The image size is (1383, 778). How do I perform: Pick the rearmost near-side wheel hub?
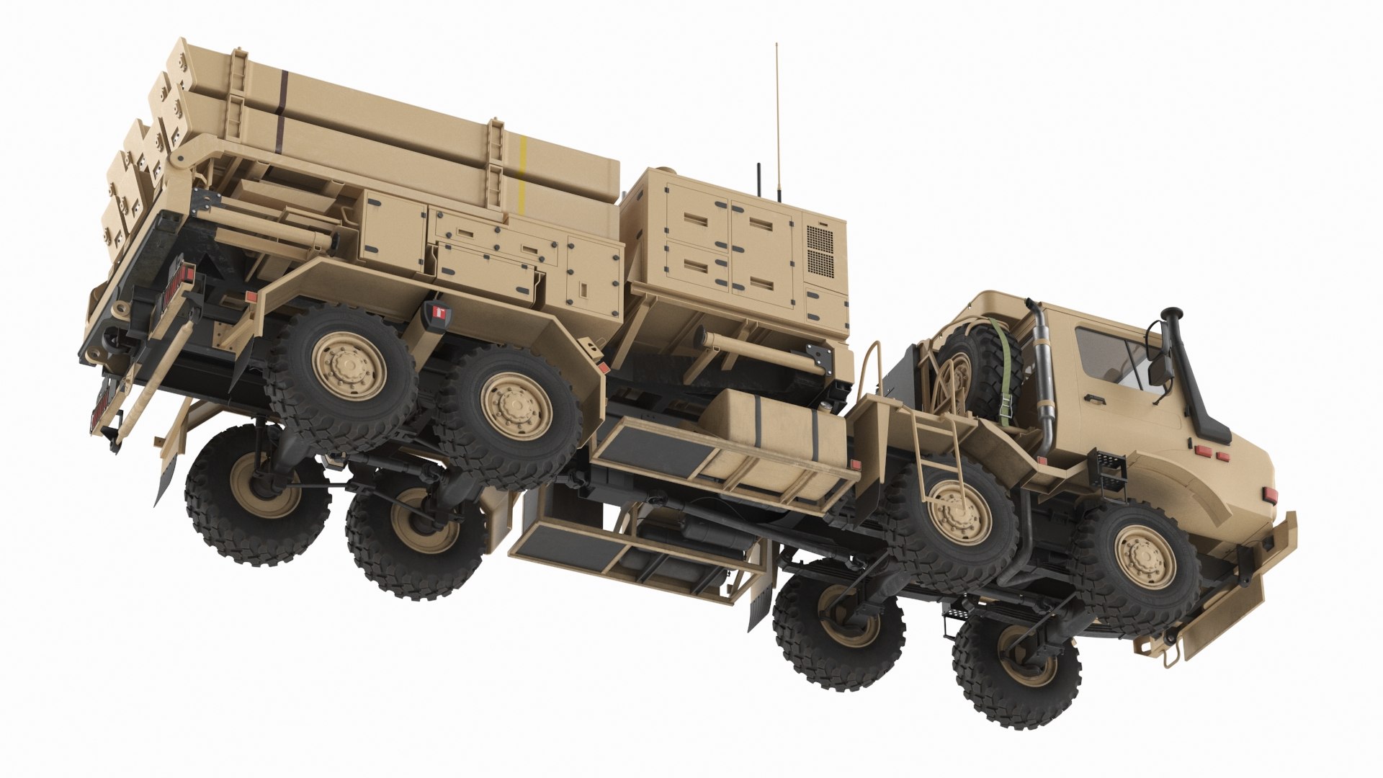tap(351, 365)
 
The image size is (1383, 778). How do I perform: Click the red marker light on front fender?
tap(1269, 495)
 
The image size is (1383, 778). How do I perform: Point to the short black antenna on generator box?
tap(758, 180)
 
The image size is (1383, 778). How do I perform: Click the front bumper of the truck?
tap(1253, 591)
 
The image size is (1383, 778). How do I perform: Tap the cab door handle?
tap(1094, 398)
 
